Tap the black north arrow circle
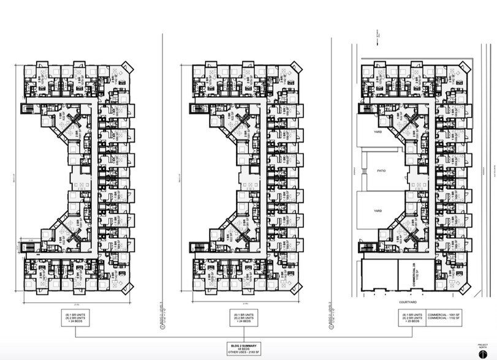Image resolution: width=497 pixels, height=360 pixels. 481,353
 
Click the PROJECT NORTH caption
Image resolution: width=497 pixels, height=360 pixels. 481,345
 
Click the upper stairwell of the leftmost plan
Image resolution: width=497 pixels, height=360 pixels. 26,110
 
